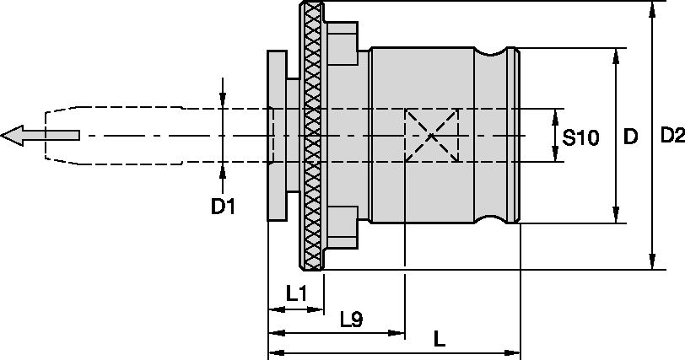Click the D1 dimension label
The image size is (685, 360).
pyautogui.click(x=223, y=206)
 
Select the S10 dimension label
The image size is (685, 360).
pyautogui.click(x=580, y=138)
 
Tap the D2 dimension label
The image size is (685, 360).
pyautogui.click(x=672, y=136)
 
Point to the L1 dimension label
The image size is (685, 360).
pyautogui.click(x=297, y=294)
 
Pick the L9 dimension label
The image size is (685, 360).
pyautogui.click(x=352, y=320)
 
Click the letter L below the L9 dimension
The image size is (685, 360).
pyautogui.click(x=440, y=339)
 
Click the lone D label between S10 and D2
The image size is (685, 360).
pyautogui.click(x=630, y=137)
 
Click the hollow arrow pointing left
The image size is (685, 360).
pyautogui.click(x=40, y=135)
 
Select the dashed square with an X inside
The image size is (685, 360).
pyautogui.click(x=432, y=135)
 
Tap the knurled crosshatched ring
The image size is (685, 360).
pyautogui.click(x=312, y=135)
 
